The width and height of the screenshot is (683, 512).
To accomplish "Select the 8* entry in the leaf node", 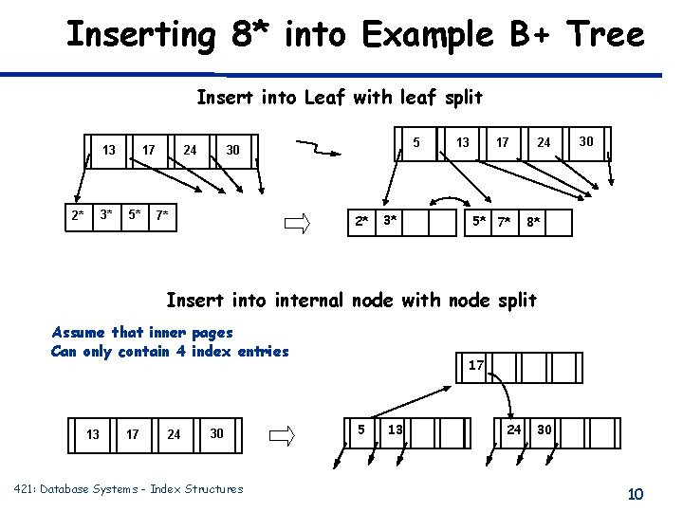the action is tap(535, 223).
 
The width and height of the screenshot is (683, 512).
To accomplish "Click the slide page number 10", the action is tap(635, 493).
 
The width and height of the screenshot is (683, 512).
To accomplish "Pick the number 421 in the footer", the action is tap(26, 488).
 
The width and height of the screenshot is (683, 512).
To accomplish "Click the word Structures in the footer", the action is tap(212, 488).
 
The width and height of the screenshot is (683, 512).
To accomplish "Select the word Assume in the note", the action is tap(79, 332).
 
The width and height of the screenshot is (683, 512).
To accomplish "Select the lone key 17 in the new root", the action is tap(477, 365).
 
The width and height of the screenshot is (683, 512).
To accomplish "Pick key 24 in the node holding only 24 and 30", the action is tap(513, 430).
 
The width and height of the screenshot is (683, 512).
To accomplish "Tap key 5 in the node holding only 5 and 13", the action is tap(361, 430).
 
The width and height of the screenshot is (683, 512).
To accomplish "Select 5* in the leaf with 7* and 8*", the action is tap(480, 223).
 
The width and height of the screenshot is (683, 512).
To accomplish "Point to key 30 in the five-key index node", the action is tap(586, 141).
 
